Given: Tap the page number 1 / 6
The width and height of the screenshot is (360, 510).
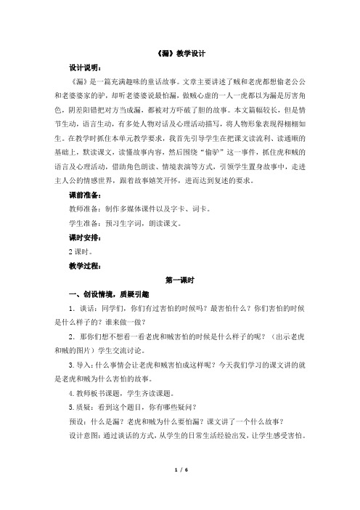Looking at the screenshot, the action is click(x=179, y=491).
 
